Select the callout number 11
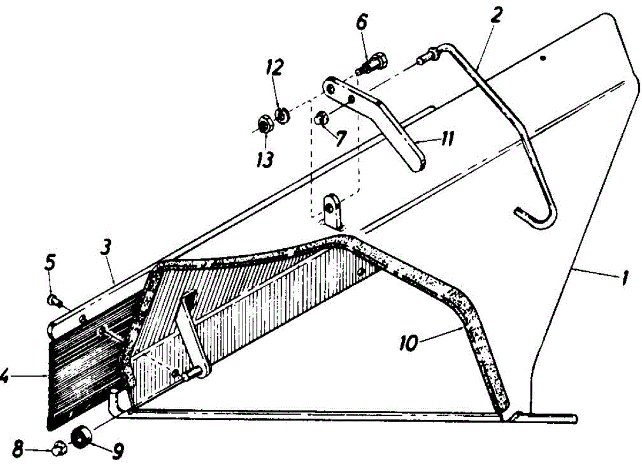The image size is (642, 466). tap(446, 140)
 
